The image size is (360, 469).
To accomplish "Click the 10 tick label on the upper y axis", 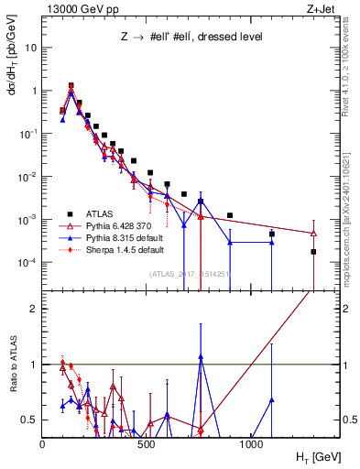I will (x=30, y=48).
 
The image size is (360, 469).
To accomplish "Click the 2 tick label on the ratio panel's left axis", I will (x=32, y=309).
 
